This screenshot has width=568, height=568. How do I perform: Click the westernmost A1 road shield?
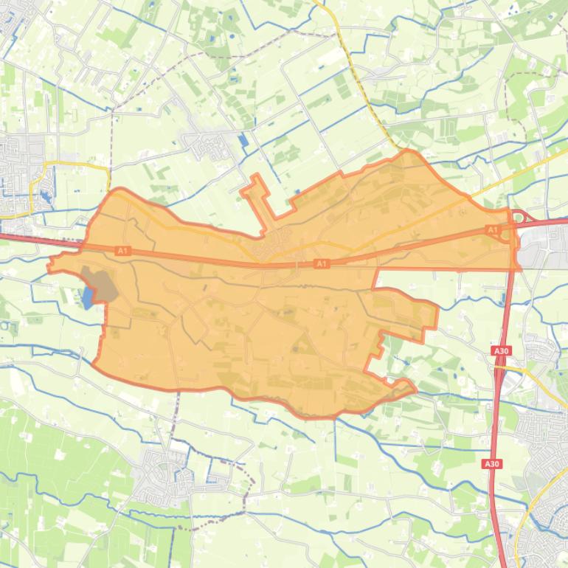[x=122, y=252]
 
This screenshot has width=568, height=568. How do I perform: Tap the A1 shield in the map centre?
[x=322, y=263]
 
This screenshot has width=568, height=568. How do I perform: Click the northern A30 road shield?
[x=502, y=351]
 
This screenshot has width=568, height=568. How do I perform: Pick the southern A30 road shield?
[x=492, y=463]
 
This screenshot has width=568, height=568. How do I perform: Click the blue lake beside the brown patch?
[x=89, y=297]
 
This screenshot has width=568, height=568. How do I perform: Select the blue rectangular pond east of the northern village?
[x=243, y=139]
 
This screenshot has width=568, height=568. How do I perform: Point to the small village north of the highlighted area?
[x=214, y=145]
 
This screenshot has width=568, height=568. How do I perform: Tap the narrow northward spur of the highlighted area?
[x=257, y=188]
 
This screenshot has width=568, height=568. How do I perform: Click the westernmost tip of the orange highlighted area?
[x=50, y=266]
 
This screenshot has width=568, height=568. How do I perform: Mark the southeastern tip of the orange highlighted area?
[x=413, y=389]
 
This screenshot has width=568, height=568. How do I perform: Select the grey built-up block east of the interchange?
[x=542, y=247]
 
